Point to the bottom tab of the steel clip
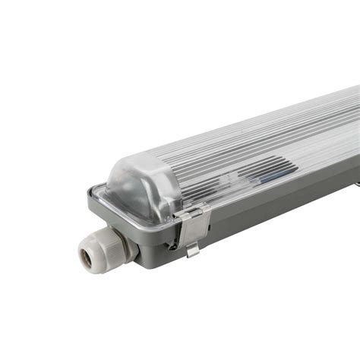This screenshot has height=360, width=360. (193, 249)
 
